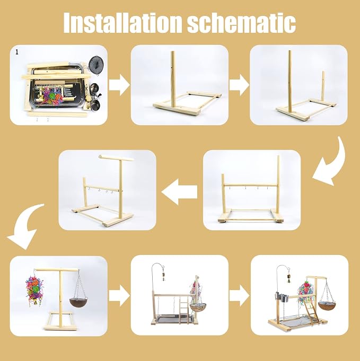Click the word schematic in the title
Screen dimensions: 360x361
(x=241, y=22)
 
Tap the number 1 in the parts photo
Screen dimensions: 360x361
(x=17, y=52)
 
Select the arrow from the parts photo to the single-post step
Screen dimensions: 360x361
(x=119, y=85)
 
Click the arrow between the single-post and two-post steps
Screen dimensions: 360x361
(x=239, y=85)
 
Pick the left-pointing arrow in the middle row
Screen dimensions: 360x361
(x=179, y=192)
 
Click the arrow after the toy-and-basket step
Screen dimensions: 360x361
(x=119, y=295)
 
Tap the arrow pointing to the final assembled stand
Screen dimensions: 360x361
(x=239, y=295)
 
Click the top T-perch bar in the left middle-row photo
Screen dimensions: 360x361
(x=116, y=158)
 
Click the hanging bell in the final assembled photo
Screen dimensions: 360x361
(x=288, y=279)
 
